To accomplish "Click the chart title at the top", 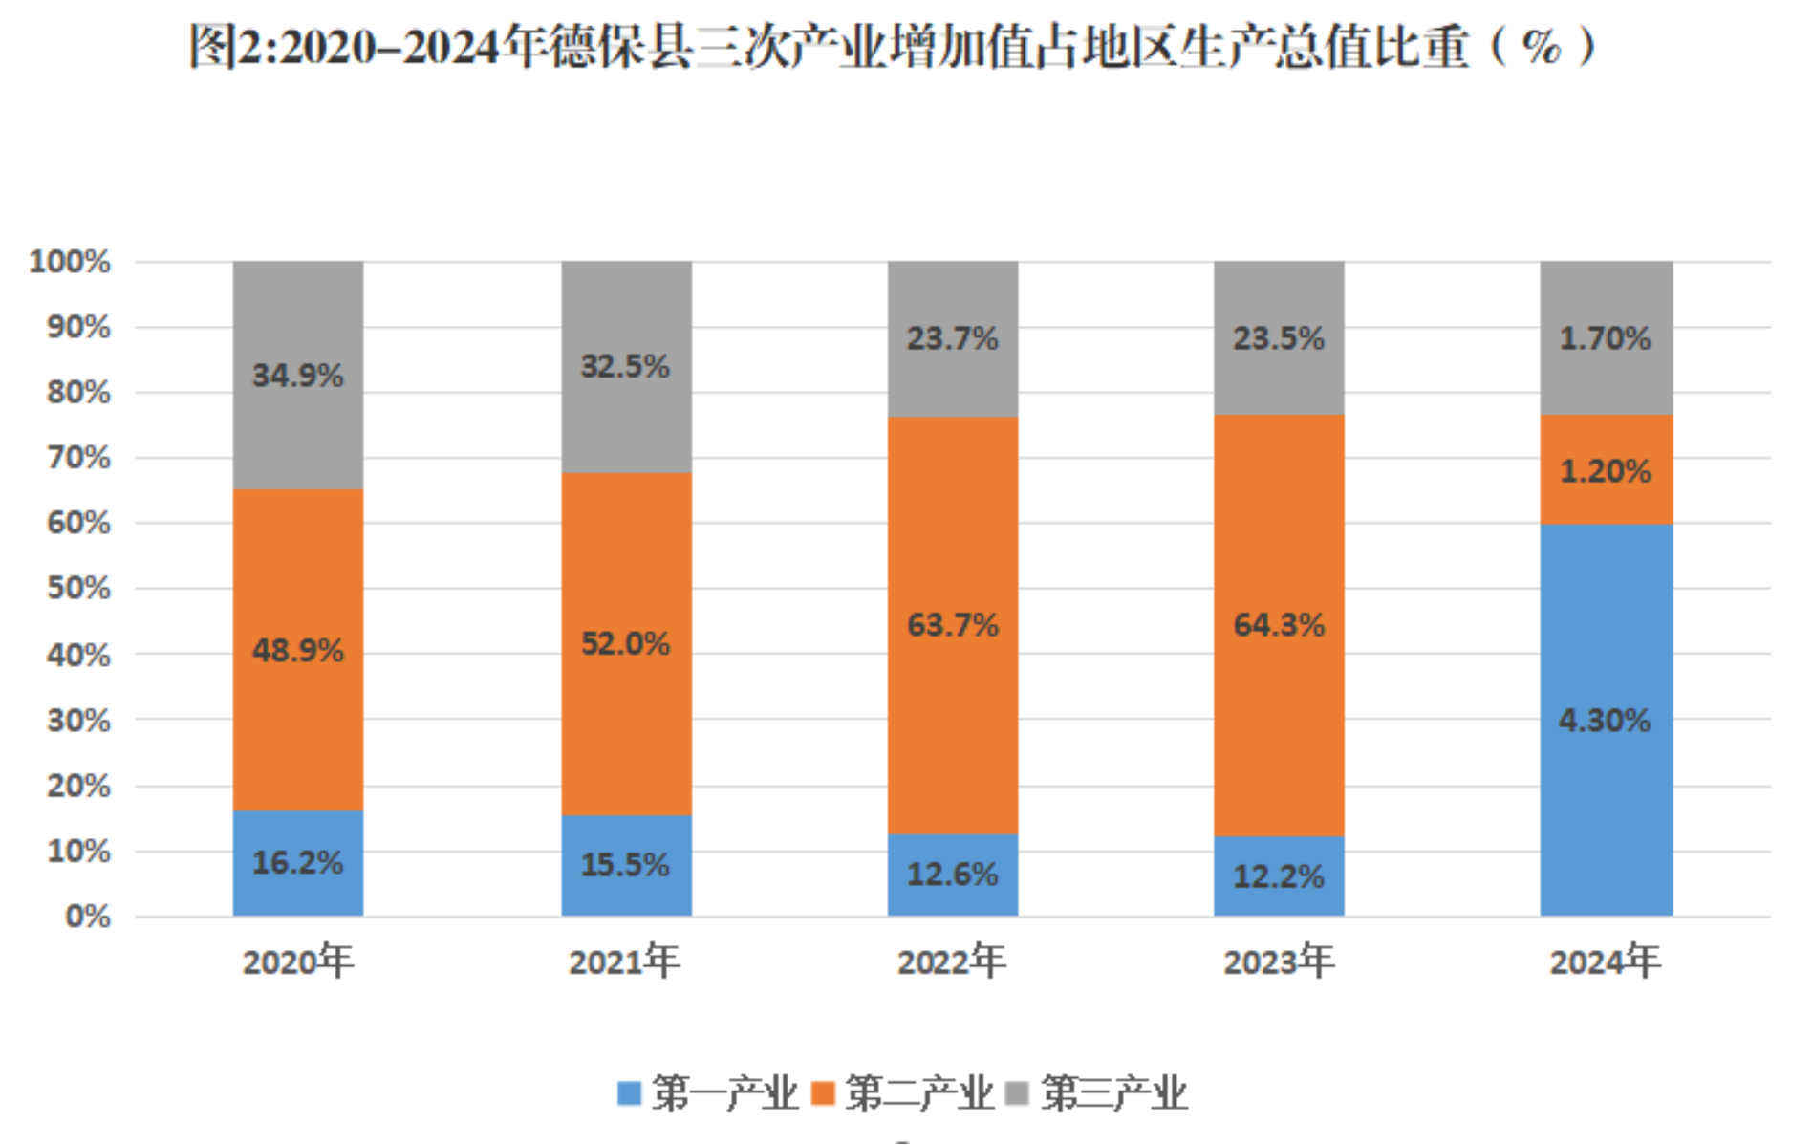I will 894,46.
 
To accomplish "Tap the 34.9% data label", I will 297,375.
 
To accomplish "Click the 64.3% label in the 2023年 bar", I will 1279,625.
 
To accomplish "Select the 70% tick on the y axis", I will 78,458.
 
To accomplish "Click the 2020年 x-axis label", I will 297,961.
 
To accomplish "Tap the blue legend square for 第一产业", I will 629,1092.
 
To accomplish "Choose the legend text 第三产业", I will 1114,1092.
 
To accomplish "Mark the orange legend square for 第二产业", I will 822,1092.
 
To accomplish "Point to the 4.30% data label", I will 1605,720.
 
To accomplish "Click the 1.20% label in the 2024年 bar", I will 1606,470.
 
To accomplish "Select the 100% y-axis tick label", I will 70,261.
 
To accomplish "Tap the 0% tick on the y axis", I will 87,917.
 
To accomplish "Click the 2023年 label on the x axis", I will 1279,961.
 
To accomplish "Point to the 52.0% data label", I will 626,643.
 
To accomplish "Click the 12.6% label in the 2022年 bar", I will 952,874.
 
